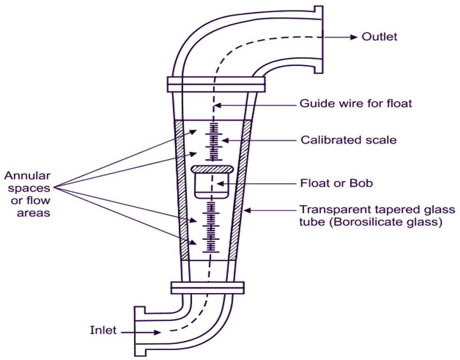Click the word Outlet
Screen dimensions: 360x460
coord(379,37)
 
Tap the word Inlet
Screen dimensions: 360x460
coord(103,330)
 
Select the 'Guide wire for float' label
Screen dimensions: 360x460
coord(355,103)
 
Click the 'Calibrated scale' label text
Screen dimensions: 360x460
coord(348,140)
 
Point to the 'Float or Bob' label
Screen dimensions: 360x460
coord(336,183)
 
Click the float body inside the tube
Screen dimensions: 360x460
coord(211,186)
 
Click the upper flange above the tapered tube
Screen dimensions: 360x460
coord(216,84)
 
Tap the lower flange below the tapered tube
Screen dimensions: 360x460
coord(207,287)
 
